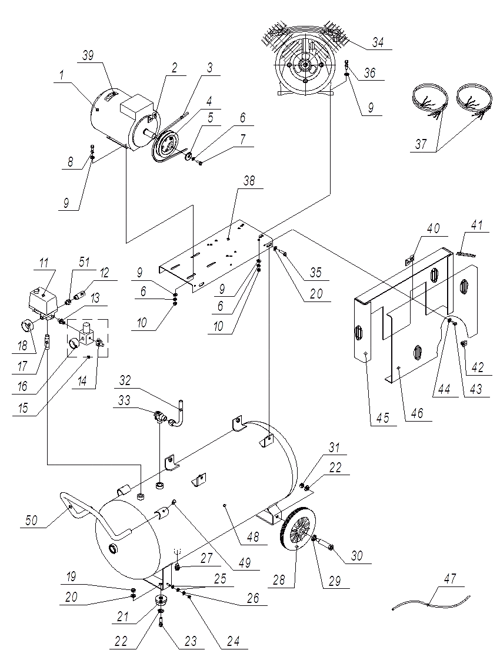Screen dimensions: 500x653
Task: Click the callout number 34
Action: pyautogui.click(x=378, y=42)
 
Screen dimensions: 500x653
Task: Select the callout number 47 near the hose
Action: pyautogui.click(x=450, y=579)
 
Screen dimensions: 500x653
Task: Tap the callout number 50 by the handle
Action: pyautogui.click(x=31, y=520)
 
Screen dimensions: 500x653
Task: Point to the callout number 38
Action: pyautogui.click(x=249, y=181)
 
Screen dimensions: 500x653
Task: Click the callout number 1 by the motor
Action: pyautogui.click(x=62, y=75)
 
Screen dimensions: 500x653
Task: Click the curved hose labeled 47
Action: pyautogui.click(x=432, y=599)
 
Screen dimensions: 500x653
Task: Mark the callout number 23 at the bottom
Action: pyautogui.click(x=191, y=641)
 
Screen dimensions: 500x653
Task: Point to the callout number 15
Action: pyautogui.click(x=24, y=407)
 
